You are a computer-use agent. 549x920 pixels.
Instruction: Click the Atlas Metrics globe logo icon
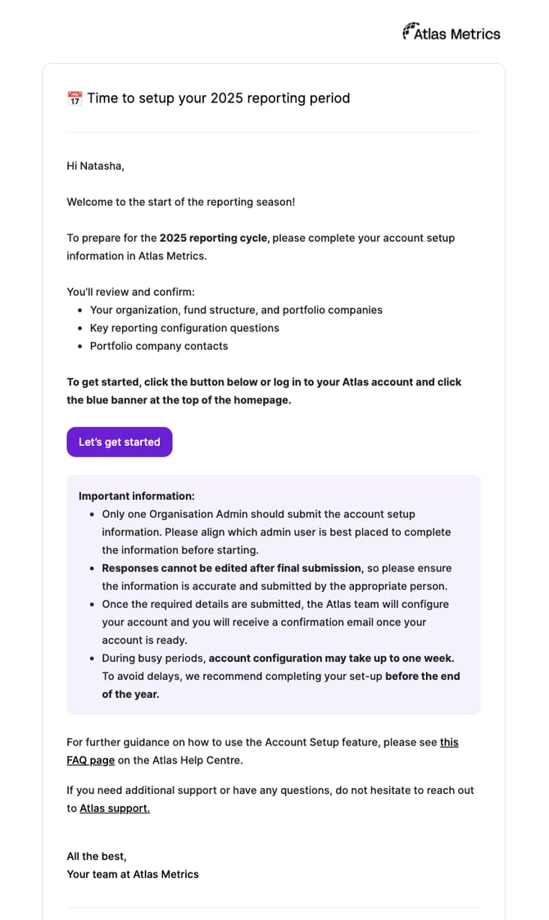(x=411, y=32)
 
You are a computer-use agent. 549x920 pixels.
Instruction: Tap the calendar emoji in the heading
(x=75, y=98)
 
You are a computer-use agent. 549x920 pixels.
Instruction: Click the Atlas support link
(x=115, y=808)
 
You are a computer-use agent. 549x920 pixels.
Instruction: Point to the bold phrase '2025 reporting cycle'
(x=213, y=238)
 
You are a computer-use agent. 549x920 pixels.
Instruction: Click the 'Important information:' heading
(x=137, y=496)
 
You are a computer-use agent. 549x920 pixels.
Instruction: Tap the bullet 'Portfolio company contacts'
(x=159, y=346)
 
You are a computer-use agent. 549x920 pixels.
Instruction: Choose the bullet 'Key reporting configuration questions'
(x=184, y=328)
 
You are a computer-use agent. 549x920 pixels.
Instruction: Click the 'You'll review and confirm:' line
(x=130, y=292)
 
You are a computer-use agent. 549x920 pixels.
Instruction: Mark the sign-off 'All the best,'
(x=97, y=856)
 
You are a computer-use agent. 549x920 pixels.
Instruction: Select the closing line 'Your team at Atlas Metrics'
(x=133, y=874)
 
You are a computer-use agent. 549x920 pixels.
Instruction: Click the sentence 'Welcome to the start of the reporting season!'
(x=180, y=202)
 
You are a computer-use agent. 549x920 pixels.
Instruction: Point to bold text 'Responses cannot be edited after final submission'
(x=231, y=567)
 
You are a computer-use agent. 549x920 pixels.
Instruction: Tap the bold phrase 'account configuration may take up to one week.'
(x=331, y=658)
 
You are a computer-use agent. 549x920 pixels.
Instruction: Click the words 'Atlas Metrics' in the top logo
(x=457, y=34)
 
